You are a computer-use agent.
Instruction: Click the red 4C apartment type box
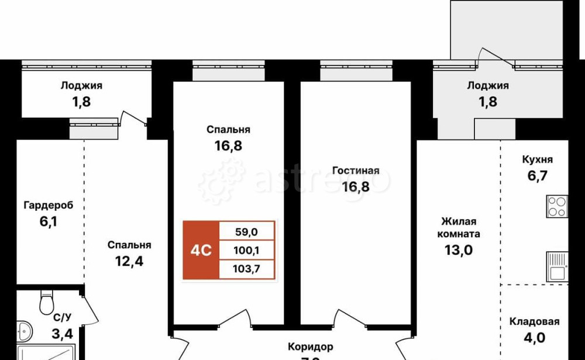(200, 250)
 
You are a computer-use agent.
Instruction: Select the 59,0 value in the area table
(246, 232)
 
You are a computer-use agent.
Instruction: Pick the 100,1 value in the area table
(246, 251)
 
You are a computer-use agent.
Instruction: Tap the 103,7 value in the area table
(246, 269)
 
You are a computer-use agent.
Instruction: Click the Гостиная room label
(356, 171)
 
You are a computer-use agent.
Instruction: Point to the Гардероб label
(49, 205)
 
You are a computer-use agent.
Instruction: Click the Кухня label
(537, 159)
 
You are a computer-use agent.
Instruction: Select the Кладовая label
(534, 321)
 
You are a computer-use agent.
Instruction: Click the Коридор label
(310, 347)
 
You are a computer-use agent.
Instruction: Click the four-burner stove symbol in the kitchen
(557, 206)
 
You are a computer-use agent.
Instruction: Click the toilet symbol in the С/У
(46, 303)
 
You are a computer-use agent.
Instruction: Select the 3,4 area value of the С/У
(62, 335)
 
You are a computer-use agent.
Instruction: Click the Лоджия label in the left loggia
(81, 85)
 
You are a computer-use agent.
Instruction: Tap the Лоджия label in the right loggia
(487, 85)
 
